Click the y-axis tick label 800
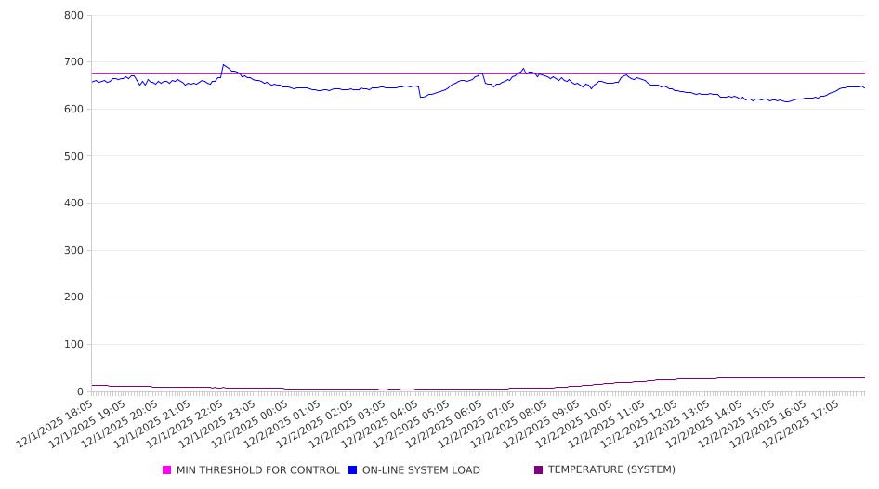pyautogui.click(x=74, y=16)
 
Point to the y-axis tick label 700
pyautogui.click(x=74, y=62)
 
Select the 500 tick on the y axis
pyautogui.click(x=74, y=156)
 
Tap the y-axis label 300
pyautogui.click(x=74, y=250)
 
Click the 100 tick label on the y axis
pyautogui.click(x=74, y=345)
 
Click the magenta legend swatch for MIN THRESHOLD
pyautogui.click(x=167, y=470)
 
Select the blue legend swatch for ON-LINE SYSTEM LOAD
pyautogui.click(x=353, y=470)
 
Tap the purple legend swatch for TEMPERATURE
pyautogui.click(x=539, y=470)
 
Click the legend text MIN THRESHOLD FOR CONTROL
pyautogui.click(x=257, y=470)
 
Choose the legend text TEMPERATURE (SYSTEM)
pyautogui.click(x=611, y=470)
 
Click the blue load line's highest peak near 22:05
pyautogui.click(x=223, y=65)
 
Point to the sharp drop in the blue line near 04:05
pyautogui.click(x=420, y=97)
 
